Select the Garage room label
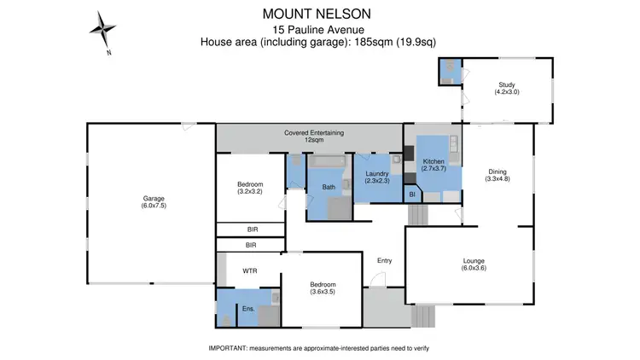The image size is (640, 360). tap(154, 202)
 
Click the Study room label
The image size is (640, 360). tap(508, 87)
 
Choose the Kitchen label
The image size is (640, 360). tap(433, 165)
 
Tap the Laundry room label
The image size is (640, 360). tap(377, 177)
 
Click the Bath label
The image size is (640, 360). tap(329, 187)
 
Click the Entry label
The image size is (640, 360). tap(384, 261)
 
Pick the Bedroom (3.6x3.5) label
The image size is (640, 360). tap(323, 288)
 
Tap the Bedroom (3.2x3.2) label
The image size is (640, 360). tap(250, 189)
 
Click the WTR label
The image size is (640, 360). tap(250, 271)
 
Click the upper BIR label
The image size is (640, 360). tap(252, 229)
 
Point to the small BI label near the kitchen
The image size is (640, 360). tap(412, 195)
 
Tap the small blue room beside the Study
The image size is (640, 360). tap(449, 72)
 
